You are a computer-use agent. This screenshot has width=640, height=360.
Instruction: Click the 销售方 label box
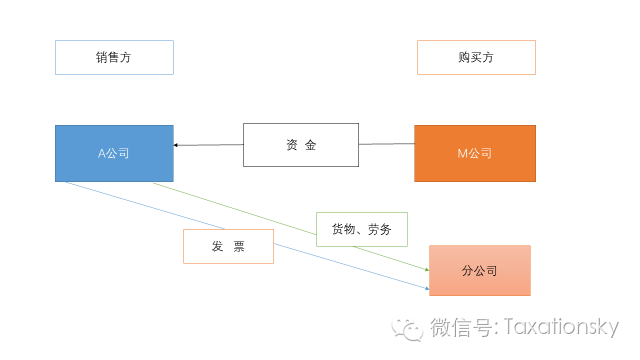[x=114, y=58]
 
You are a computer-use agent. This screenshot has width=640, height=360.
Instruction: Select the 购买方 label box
[x=476, y=58]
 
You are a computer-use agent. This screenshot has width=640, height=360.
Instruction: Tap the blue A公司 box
[x=114, y=153]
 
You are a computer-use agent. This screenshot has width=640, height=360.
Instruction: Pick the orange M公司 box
[x=475, y=153]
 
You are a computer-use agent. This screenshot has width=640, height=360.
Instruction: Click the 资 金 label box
[x=301, y=145]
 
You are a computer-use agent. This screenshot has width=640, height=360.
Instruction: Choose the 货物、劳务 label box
[x=361, y=229]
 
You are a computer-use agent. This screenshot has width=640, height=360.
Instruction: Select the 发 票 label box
[x=228, y=246]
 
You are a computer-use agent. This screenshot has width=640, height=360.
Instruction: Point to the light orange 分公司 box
[x=479, y=270]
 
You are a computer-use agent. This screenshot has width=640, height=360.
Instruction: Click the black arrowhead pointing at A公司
[x=177, y=146]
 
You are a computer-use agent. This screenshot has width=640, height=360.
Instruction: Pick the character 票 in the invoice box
[x=239, y=246]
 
